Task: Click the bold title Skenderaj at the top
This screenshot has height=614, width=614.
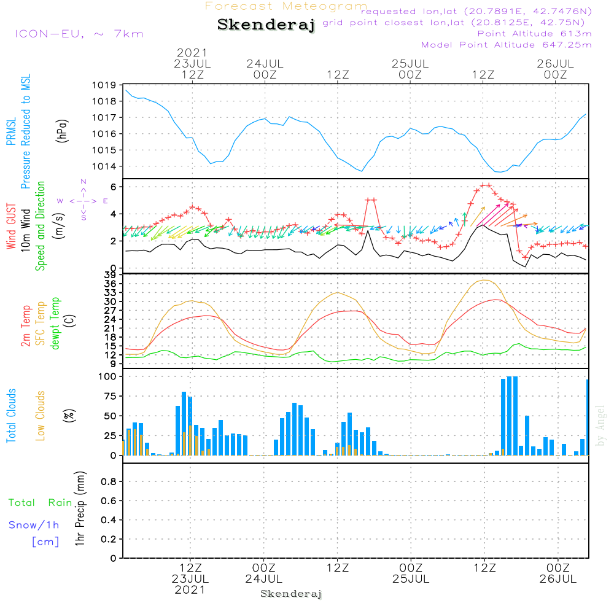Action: click(x=266, y=25)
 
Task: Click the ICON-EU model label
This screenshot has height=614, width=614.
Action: click(x=79, y=34)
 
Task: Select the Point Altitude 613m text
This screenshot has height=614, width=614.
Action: click(x=534, y=34)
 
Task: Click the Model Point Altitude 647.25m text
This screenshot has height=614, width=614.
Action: click(x=506, y=45)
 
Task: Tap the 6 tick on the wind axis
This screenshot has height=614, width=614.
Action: click(x=114, y=187)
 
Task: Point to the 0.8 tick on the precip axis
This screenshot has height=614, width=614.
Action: click(x=108, y=482)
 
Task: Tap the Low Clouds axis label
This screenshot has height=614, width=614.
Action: click(x=41, y=415)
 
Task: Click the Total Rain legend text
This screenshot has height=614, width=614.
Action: click(x=40, y=503)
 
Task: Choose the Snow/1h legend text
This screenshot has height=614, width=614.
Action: click(x=34, y=525)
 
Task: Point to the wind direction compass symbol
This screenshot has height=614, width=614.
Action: click(x=83, y=200)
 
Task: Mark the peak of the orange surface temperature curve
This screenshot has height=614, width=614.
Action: click(x=485, y=280)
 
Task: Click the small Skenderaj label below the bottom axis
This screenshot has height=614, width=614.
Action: click(x=291, y=594)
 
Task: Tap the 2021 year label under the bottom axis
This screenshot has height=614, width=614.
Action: click(x=190, y=589)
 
